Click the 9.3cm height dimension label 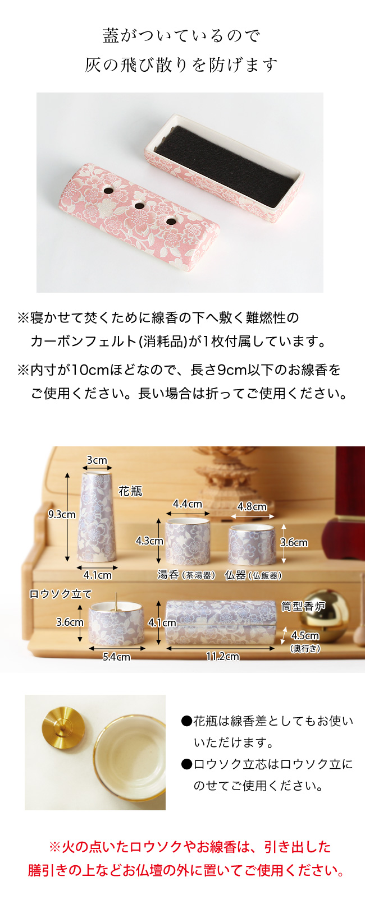pyautogui.click(x=61, y=514)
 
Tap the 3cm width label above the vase pyautogui.click(x=97, y=460)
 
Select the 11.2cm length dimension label pyautogui.click(x=222, y=656)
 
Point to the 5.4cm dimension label pyautogui.click(x=116, y=657)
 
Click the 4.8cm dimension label pyautogui.click(x=252, y=506)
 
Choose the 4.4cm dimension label pyautogui.click(x=187, y=504)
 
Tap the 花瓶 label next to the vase pyautogui.click(x=130, y=491)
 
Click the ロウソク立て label pyautogui.click(x=60, y=594)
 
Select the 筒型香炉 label pyautogui.click(x=303, y=606)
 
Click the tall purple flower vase pyautogui.click(x=97, y=517)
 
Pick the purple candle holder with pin pyautogui.click(x=117, y=622)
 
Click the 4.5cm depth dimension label pyautogui.click(x=305, y=636)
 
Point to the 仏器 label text pyautogui.click(x=235, y=575)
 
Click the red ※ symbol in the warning pyautogui.click(x=54, y=847)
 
